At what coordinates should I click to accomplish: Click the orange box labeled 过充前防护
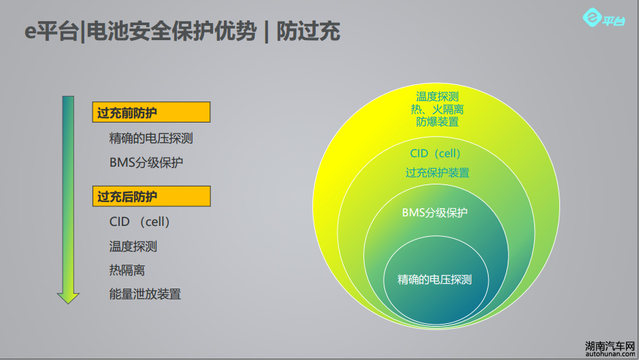coord(151,112)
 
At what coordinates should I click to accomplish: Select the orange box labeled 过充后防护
coord(152,196)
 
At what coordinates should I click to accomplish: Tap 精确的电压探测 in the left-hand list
coord(151,138)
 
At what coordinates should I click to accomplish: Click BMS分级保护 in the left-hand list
coord(146,163)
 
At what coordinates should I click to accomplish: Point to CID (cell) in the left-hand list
coord(140,222)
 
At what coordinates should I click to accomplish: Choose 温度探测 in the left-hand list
coord(133,246)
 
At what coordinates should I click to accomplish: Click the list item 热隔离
coord(127,270)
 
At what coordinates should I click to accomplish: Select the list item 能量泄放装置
coord(145,294)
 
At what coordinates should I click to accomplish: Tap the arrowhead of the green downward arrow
coord(68,298)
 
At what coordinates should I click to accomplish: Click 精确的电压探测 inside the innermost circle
coord(434,279)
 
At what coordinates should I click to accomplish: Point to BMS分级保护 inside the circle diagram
coord(434,212)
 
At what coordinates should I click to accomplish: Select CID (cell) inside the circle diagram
coord(435,153)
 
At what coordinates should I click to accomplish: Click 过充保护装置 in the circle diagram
coord(438,172)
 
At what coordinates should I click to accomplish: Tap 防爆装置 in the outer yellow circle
coord(438,122)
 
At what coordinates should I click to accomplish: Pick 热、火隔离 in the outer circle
coord(438,110)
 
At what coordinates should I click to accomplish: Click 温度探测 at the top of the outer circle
coord(438,97)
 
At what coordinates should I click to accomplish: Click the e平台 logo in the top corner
coord(604,18)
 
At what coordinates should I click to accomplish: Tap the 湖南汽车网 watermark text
coord(610,346)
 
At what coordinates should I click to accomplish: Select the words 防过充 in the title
coord(308,31)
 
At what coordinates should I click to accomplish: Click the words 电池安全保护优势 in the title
coord(171,31)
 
